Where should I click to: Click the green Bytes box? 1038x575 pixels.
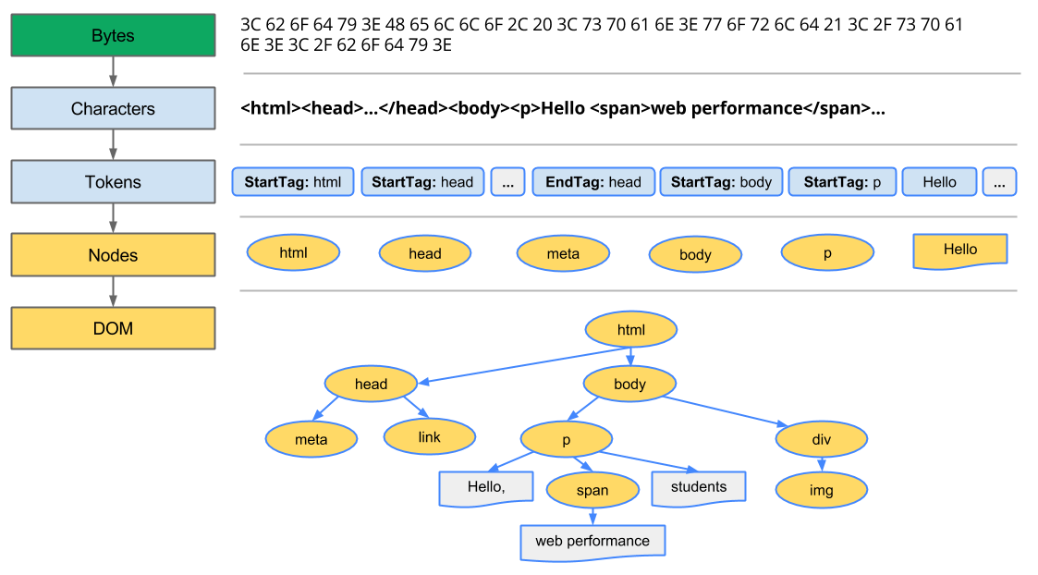113,35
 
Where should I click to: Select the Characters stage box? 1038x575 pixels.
113,108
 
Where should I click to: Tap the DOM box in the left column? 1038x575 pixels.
113,328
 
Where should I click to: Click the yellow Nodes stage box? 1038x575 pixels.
113,255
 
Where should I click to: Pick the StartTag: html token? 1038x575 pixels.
292,182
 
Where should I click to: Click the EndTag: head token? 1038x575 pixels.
593,182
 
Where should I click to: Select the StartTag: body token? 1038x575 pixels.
721,182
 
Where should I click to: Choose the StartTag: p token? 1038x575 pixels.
842,182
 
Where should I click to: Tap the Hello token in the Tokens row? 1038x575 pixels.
939,182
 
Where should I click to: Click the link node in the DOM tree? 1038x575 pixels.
429,436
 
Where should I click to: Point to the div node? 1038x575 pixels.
821,439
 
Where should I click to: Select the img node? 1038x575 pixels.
821,490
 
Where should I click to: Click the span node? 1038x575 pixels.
592,490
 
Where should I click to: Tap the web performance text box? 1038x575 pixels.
592,541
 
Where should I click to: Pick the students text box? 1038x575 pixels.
698,487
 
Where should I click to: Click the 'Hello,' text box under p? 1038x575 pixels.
485,487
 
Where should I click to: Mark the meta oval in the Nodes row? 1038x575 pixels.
563,253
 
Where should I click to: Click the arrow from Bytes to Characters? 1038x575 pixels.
113,71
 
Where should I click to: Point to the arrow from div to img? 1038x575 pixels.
821,464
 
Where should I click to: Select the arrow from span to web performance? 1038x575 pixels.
592,516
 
